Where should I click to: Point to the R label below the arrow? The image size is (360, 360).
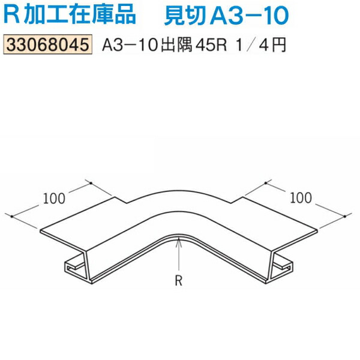[x=178, y=279]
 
